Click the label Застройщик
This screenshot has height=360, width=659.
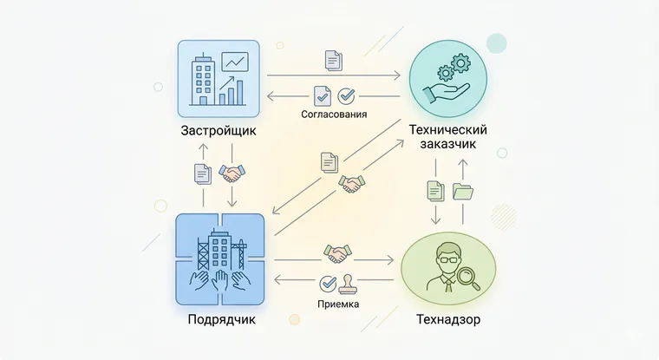click(x=219, y=131)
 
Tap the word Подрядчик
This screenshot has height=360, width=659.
click(x=221, y=319)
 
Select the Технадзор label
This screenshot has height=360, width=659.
click(x=448, y=319)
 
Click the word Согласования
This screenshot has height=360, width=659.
click(x=334, y=114)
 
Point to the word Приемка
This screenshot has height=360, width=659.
click(x=338, y=304)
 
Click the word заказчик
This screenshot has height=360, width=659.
click(x=448, y=144)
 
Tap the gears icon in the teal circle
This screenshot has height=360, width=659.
click(x=453, y=67)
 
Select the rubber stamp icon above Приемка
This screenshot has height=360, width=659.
click(x=348, y=284)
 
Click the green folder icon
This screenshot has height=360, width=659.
click(x=463, y=191)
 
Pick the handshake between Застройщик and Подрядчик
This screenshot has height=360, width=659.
click(x=232, y=173)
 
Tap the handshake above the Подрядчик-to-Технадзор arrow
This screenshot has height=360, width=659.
click(x=337, y=253)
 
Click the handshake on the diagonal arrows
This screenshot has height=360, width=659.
click(x=352, y=184)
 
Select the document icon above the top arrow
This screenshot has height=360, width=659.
click(x=334, y=60)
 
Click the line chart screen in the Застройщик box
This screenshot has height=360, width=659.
click(x=235, y=62)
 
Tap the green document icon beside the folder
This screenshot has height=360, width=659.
click(x=435, y=191)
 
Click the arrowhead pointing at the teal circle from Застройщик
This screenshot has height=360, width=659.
click(x=396, y=75)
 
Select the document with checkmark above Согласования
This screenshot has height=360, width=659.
click(x=323, y=96)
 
